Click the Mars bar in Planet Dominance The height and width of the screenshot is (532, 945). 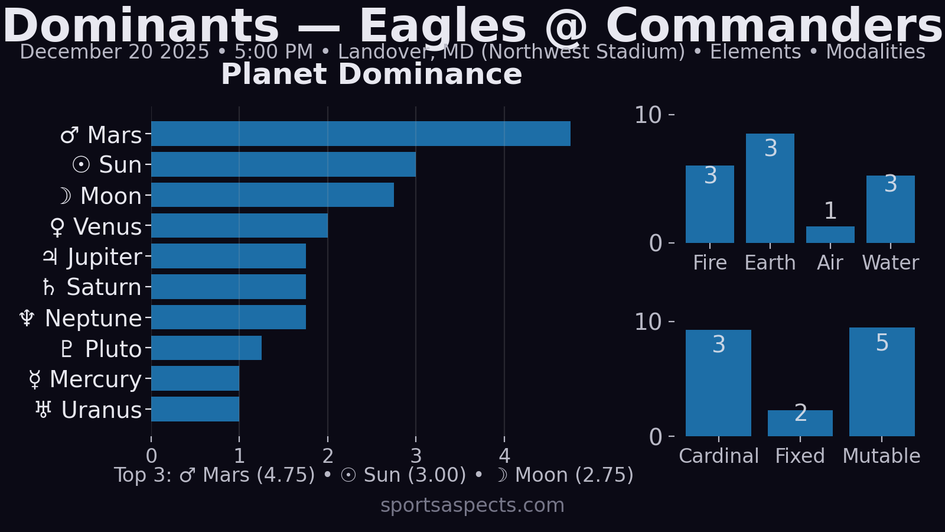[x=360, y=134]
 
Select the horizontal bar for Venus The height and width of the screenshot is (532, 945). [x=239, y=226]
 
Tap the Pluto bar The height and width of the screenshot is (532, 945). [x=206, y=348]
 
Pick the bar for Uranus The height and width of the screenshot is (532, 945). [x=195, y=409]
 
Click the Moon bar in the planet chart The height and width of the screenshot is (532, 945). [x=272, y=195]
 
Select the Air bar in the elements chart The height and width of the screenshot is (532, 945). [x=830, y=235]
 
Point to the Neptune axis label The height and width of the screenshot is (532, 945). [x=93, y=319]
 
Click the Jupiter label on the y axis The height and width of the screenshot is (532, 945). [x=104, y=257]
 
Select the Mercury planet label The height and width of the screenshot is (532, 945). [x=95, y=379]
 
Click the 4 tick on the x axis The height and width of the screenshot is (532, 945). [x=504, y=456]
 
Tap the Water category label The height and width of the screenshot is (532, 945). [x=890, y=262]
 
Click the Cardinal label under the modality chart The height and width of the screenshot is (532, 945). [x=718, y=456]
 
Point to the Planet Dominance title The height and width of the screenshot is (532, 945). [x=372, y=74]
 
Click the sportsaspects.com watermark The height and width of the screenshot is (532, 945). [x=472, y=505]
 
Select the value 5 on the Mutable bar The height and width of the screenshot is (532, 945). [x=882, y=343]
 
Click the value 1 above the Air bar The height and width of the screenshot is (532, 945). [x=830, y=211]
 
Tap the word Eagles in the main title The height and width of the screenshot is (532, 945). [x=442, y=27]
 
